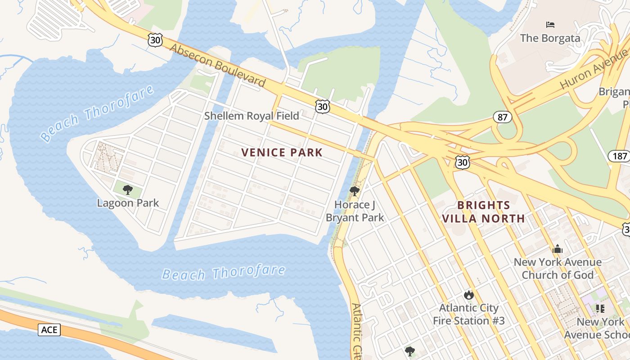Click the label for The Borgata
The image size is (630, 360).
(x=550, y=38)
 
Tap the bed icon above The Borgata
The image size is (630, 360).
(x=550, y=24)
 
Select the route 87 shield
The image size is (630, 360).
(x=502, y=117)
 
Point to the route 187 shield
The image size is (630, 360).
(x=620, y=156)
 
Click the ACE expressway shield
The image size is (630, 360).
(x=49, y=330)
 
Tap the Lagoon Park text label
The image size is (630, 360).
(x=128, y=203)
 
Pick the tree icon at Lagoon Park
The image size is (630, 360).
(x=128, y=189)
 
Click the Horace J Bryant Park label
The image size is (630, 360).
(x=355, y=211)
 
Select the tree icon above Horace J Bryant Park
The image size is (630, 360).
(x=355, y=191)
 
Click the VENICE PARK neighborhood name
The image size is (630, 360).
(x=282, y=153)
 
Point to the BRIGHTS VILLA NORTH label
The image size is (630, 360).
(x=483, y=212)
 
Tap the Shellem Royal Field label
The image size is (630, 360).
(x=252, y=116)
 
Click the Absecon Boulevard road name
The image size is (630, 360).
(x=218, y=66)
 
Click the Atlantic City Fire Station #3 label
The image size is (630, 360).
(x=468, y=314)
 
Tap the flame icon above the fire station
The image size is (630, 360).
(x=468, y=295)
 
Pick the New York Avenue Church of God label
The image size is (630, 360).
(x=558, y=268)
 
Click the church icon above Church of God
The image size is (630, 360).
(x=558, y=249)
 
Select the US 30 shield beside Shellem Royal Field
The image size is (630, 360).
(x=322, y=106)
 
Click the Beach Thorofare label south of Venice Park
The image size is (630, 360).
(x=224, y=272)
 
